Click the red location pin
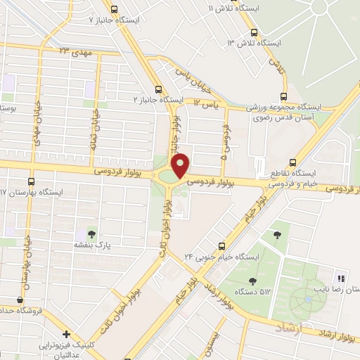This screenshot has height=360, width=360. click(181, 164)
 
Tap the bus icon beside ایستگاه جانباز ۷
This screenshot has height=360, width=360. click(123, 20)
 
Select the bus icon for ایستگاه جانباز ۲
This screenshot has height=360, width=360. click(158, 89)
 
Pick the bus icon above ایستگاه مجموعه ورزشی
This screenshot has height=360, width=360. click(283, 96)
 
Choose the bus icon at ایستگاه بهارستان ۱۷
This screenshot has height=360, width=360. click(31, 181)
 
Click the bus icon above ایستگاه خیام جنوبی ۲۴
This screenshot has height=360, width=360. click(221, 245)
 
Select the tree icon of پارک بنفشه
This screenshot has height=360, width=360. click(91, 232)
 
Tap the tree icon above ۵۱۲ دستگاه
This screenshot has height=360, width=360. click(279, 233)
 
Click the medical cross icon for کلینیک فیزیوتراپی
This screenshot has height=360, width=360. click(66, 335)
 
